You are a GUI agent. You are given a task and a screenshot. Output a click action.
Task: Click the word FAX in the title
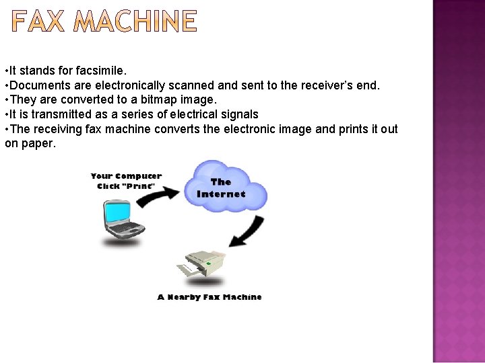click(x=39, y=22)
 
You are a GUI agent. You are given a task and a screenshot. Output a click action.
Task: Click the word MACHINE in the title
click(x=135, y=22)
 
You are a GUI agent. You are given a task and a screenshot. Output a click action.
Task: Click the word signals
click(x=238, y=114)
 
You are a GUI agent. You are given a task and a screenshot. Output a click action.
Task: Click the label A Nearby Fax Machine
click(x=209, y=297)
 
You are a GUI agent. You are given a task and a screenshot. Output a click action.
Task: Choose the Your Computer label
click(x=126, y=176)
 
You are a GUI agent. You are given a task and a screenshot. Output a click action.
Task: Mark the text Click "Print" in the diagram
click(x=126, y=186)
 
